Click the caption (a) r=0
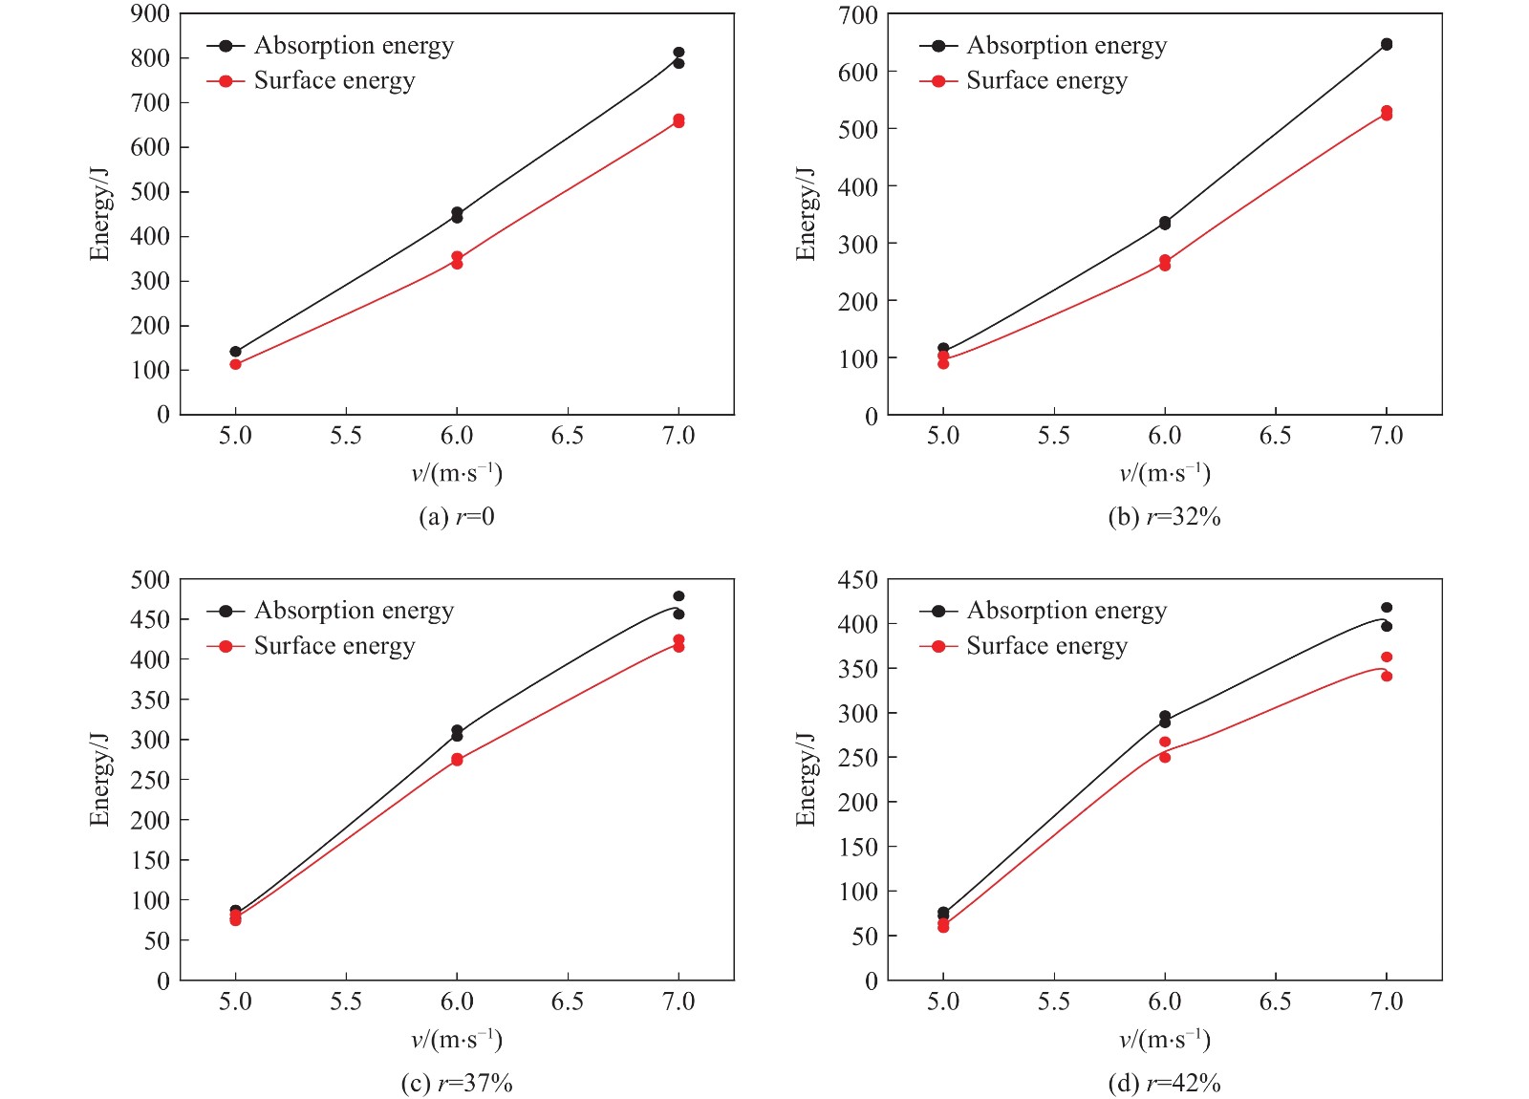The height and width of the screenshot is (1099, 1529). (x=457, y=517)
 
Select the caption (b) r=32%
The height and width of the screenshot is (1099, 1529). (x=1164, y=517)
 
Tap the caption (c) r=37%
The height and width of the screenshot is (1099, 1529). (x=457, y=1083)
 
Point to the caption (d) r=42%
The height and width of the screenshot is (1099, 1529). (x=1164, y=1083)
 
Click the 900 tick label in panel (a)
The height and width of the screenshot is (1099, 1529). (x=150, y=13)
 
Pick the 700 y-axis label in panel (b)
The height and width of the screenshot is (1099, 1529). (x=857, y=15)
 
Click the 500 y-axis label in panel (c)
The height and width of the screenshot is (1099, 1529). (x=150, y=580)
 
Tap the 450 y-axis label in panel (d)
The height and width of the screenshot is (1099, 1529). (x=857, y=580)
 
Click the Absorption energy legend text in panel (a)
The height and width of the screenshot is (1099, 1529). (x=354, y=46)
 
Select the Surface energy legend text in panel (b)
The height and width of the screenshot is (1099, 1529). (x=1046, y=81)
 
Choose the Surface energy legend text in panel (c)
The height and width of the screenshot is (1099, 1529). (x=334, y=647)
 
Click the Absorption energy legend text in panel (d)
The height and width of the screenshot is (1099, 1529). (x=1066, y=611)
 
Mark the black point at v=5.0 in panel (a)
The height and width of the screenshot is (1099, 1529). (x=236, y=352)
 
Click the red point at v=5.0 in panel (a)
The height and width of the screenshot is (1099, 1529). (x=236, y=364)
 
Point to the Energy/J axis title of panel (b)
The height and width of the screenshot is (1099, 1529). (x=806, y=214)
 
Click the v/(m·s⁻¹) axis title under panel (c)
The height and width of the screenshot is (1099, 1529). (x=457, y=1040)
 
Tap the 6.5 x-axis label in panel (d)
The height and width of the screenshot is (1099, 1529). (x=1275, y=1002)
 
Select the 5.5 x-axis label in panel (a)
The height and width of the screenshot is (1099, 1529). (x=346, y=436)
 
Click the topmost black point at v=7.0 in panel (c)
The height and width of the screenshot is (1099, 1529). (x=678, y=596)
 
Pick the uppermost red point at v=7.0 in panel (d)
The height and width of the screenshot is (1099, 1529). (x=1387, y=657)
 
